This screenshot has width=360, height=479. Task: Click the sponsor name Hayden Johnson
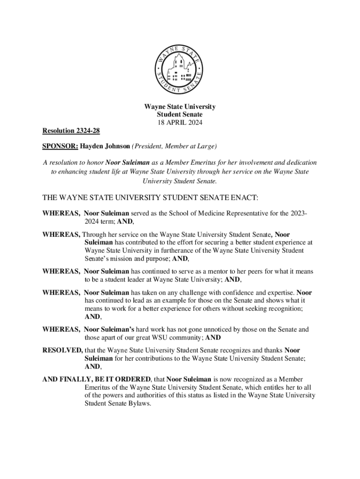pyautogui.click(x=105, y=146)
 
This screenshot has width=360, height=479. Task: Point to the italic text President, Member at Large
pyautogui.click(x=174, y=146)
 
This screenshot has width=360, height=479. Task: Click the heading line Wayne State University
pyautogui.click(x=180, y=107)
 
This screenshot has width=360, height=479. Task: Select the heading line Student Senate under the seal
pyautogui.click(x=180, y=114)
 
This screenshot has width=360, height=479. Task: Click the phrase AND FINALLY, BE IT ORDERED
pyautogui.click(x=97, y=379)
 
